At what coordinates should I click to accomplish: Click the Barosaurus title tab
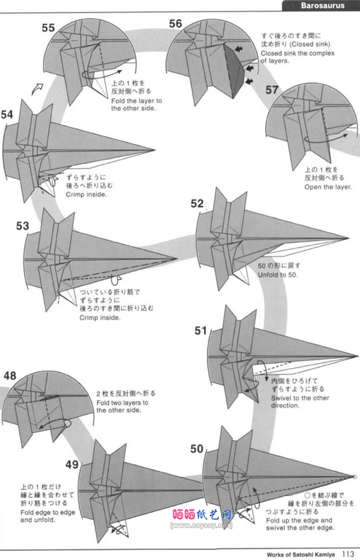tap(322, 6)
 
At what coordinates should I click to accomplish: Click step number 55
tap(49, 27)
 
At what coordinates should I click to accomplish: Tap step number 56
tap(175, 23)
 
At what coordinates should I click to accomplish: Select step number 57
tap(272, 89)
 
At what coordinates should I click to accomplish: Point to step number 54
tap(7, 114)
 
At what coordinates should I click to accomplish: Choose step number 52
tap(197, 203)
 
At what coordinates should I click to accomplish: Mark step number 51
tap(200, 331)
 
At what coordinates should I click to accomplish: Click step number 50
tap(197, 448)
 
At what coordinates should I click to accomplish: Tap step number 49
tap(72, 464)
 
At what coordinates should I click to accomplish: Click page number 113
tap(348, 554)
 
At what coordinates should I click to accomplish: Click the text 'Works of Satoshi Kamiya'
tap(301, 554)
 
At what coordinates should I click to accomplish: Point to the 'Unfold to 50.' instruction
tap(277, 274)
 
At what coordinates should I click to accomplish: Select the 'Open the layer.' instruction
tap(327, 187)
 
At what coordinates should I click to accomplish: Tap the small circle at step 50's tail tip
tap(354, 478)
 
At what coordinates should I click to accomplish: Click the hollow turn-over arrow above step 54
tap(37, 88)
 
